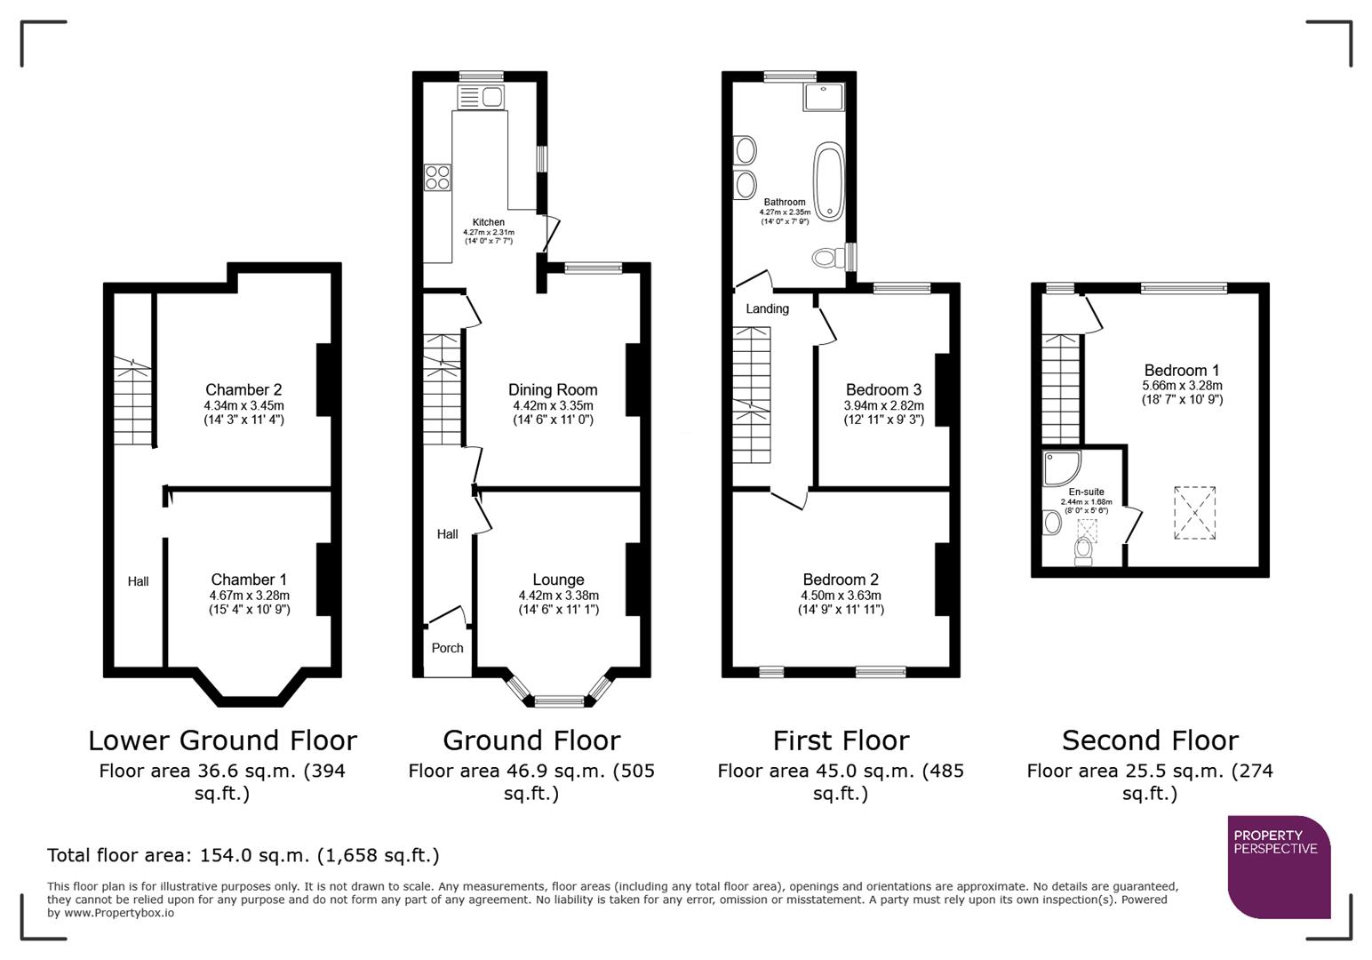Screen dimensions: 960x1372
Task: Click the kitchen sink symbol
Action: [x=481, y=95]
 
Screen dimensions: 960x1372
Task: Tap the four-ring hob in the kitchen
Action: [x=437, y=178]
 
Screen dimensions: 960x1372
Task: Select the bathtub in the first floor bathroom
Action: [x=829, y=181]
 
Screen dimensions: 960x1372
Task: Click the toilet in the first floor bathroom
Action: [x=827, y=258]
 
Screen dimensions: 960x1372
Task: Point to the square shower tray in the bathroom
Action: [x=823, y=97]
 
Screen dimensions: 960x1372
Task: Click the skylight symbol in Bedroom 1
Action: [x=1194, y=512]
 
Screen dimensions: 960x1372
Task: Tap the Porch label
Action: [x=447, y=648]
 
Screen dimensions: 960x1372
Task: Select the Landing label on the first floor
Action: [x=767, y=308]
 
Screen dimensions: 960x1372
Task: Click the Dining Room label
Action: [x=553, y=389]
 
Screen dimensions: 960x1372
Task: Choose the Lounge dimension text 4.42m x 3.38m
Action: [x=558, y=596]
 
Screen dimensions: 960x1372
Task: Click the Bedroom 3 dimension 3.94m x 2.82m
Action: [x=883, y=405]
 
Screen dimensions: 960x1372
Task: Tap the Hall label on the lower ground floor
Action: [x=138, y=581]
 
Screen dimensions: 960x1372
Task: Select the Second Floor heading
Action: [x=1149, y=740]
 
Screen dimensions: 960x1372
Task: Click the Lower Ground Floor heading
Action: [x=222, y=740]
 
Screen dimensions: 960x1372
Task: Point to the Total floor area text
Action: [x=243, y=855]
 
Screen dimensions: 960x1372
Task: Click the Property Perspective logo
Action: [x=1279, y=867]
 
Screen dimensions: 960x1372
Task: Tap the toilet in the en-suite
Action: [x=1083, y=551]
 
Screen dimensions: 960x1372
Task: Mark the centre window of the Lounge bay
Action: [x=559, y=701]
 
